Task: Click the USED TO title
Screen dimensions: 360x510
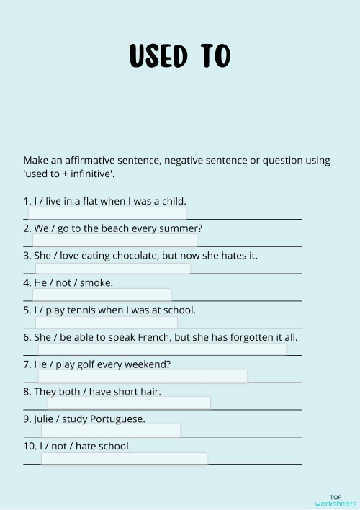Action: point(179,55)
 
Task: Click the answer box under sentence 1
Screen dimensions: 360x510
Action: point(107,213)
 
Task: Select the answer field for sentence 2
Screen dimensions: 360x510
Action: point(114,240)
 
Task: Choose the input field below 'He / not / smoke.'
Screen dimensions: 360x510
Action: point(102,295)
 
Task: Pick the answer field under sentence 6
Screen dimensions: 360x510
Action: point(162,349)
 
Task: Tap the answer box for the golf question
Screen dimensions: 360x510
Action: point(143,376)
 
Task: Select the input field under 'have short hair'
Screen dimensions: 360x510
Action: point(129,403)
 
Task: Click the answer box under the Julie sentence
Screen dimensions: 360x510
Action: point(110,430)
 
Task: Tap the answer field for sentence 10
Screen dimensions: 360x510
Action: point(124,458)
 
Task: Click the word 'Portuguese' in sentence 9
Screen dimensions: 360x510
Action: point(114,419)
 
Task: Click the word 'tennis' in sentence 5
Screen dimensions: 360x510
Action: point(84,310)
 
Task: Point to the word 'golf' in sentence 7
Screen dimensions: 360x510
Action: point(91,364)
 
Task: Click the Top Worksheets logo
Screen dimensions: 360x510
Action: point(335,500)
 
